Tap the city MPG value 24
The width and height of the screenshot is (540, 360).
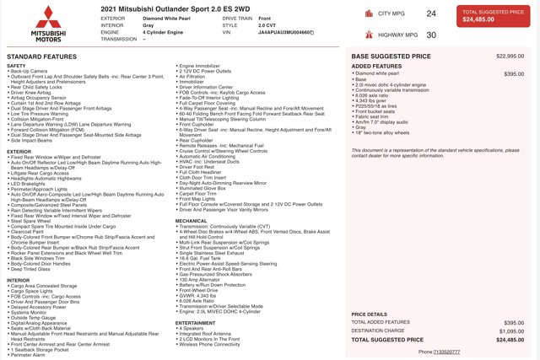click(431, 13)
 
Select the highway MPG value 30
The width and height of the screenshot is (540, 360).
click(431, 35)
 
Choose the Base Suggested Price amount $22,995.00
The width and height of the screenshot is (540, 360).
click(510, 56)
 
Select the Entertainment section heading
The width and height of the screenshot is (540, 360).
click(195, 322)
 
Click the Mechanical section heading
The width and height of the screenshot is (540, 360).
click(191, 220)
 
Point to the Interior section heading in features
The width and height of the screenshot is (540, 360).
click(19, 279)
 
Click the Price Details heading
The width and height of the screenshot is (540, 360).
click(370, 314)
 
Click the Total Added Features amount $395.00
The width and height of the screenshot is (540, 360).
click(512, 322)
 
